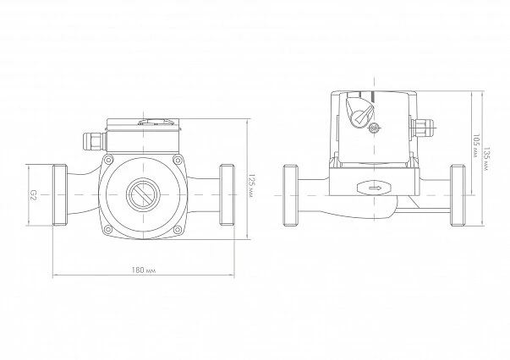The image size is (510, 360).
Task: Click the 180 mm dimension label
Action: point(144,270)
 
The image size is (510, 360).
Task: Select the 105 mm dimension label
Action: point(476,145)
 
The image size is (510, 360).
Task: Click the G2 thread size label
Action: point(33,195)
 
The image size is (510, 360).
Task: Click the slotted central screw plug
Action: point(142,194)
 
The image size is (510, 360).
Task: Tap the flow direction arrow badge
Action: point(374,188)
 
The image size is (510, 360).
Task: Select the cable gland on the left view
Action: point(93,142)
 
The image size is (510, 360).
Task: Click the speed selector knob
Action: point(360,111)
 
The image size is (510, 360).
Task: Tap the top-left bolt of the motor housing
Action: point(108,160)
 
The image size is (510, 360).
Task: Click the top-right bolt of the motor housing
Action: point(178,160)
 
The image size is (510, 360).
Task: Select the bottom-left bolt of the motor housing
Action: point(108,230)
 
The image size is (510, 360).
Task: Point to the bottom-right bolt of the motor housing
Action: point(178,230)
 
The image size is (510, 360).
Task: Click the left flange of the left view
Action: point(60,195)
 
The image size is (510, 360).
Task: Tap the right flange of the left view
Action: point(227,195)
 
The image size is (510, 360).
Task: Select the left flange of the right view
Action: point(291,195)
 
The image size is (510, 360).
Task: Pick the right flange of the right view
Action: point(458,195)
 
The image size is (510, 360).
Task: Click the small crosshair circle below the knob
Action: point(375,128)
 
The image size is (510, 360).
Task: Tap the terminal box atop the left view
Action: point(143,135)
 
